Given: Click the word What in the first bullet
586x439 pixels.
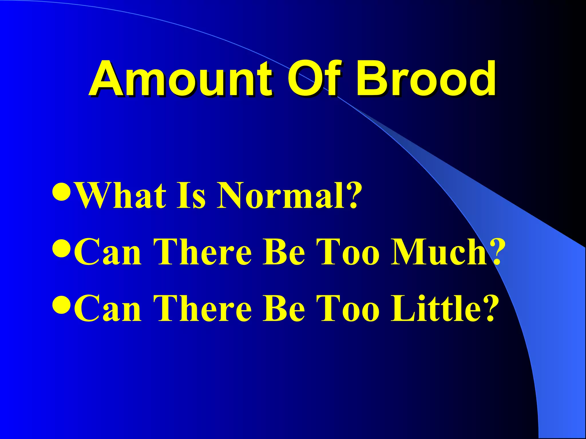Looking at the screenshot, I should pos(122,196).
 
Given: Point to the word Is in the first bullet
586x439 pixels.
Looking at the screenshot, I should pos(191,196).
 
